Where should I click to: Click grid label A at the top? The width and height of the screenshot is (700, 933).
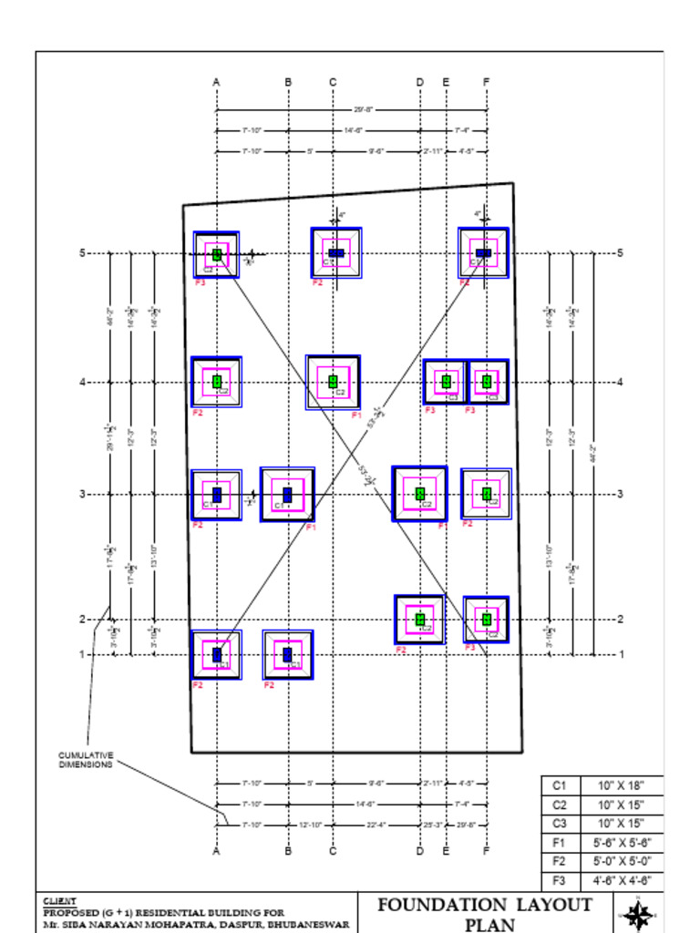[x=216, y=83]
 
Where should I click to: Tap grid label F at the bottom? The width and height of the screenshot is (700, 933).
[x=486, y=852]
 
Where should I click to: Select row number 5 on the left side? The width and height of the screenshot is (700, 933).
[x=82, y=253]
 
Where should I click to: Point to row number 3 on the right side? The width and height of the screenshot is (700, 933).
[x=620, y=495]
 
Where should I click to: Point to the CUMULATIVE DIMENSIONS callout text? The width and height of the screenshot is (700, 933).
[x=86, y=760]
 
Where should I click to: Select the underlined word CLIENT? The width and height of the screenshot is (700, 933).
[x=60, y=901]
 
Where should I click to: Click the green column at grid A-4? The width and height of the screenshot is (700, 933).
[x=217, y=382]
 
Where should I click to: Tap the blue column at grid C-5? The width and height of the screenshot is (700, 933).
[x=336, y=252]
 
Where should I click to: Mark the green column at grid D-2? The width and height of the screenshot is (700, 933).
[x=420, y=620]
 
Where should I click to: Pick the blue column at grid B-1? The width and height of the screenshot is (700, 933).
[x=287, y=654]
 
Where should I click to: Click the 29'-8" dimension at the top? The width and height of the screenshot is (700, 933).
[x=363, y=109]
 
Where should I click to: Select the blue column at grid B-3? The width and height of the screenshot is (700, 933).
[x=287, y=495]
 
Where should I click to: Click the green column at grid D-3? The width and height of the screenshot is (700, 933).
[x=420, y=494]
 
